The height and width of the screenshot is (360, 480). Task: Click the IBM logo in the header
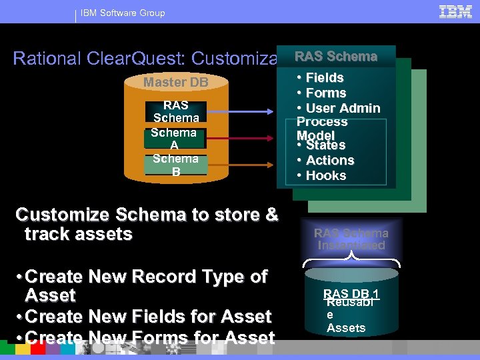pyautogui.click(x=455, y=11)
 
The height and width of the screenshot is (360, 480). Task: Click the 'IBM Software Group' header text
pyautogui.click(x=123, y=13)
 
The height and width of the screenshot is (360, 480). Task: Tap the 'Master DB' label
pyautogui.click(x=176, y=83)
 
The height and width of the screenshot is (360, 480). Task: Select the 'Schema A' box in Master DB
pyautogui.click(x=175, y=139)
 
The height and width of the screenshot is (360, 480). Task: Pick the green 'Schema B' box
pyautogui.click(x=175, y=165)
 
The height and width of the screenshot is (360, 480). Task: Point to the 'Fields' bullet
pyautogui.click(x=324, y=78)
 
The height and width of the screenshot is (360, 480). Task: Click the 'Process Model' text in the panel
pyautogui.click(x=322, y=128)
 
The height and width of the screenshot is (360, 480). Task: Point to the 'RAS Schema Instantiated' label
pyautogui.click(x=351, y=239)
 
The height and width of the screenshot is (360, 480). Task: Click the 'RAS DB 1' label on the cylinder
pyautogui.click(x=351, y=294)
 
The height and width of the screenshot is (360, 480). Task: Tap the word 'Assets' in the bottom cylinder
pyautogui.click(x=346, y=328)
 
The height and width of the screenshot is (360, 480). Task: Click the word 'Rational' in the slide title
pyautogui.click(x=47, y=59)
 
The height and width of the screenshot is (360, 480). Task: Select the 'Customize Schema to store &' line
pyautogui.click(x=147, y=215)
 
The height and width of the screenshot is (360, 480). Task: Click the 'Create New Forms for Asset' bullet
pyautogui.click(x=147, y=338)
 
